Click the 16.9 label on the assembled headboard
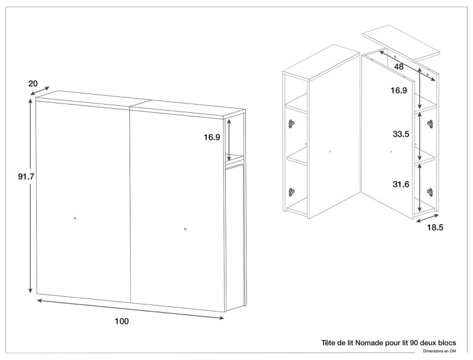click(x=212, y=137)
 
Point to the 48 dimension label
click(x=399, y=67)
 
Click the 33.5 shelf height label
click(x=401, y=134)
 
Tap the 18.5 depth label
click(x=436, y=227)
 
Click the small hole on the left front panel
click(x=75, y=219)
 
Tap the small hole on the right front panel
click(x=186, y=229)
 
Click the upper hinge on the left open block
click(x=291, y=124)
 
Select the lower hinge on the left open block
click(x=291, y=192)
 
